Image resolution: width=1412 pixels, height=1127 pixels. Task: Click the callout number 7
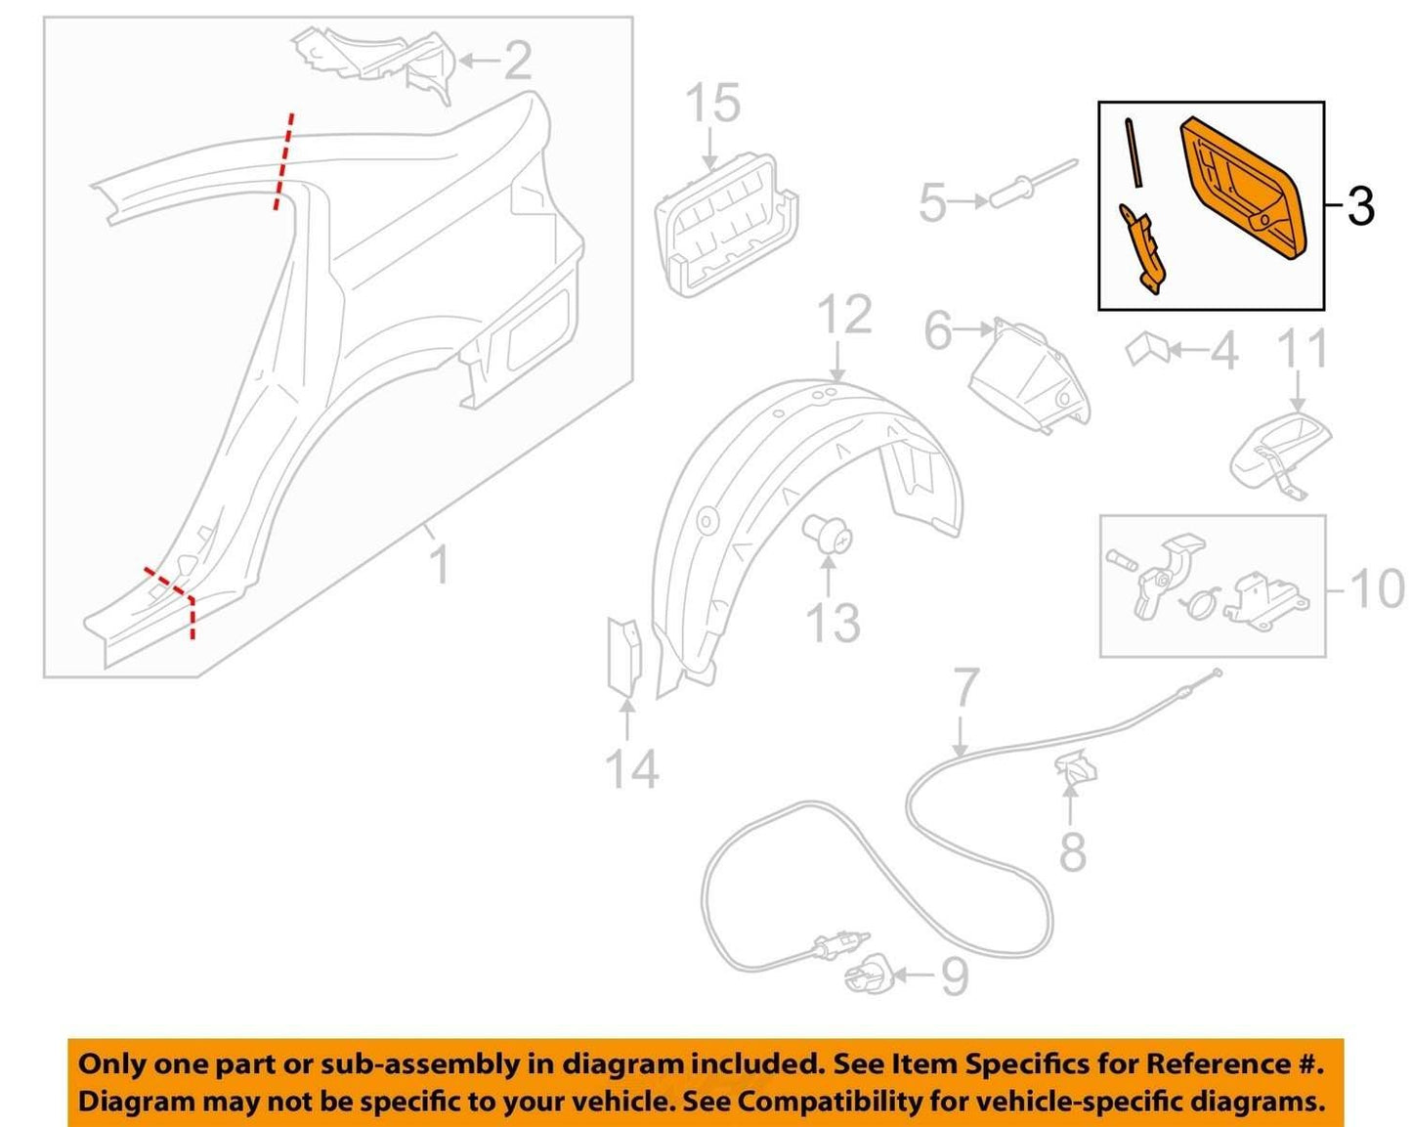(x=965, y=688)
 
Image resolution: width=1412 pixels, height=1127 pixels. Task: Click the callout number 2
(x=518, y=61)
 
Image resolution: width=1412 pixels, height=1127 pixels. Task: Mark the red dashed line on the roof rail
(x=283, y=161)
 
